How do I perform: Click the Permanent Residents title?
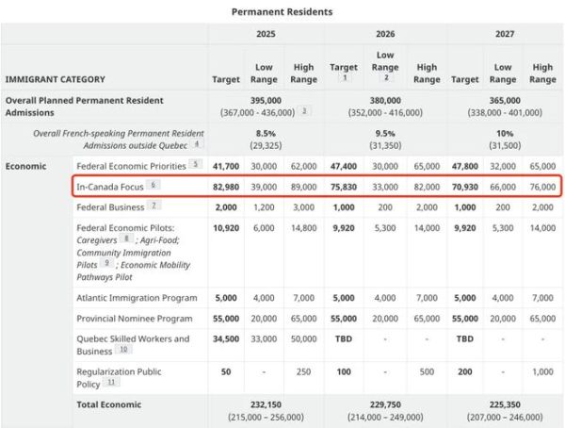click(x=282, y=11)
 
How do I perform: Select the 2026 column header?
click(x=385, y=33)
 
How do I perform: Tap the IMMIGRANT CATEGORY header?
click(x=56, y=79)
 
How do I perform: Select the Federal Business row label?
click(x=110, y=206)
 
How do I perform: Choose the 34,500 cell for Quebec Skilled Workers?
click(x=226, y=338)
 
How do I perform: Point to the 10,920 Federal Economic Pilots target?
click(x=226, y=227)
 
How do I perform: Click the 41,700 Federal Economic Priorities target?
click(x=226, y=165)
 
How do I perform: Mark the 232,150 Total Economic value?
click(x=266, y=403)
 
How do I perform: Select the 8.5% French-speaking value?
click(x=266, y=134)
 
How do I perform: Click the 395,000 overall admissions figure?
click(x=266, y=100)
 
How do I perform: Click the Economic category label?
click(x=27, y=165)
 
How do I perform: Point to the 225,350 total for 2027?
click(x=504, y=403)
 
